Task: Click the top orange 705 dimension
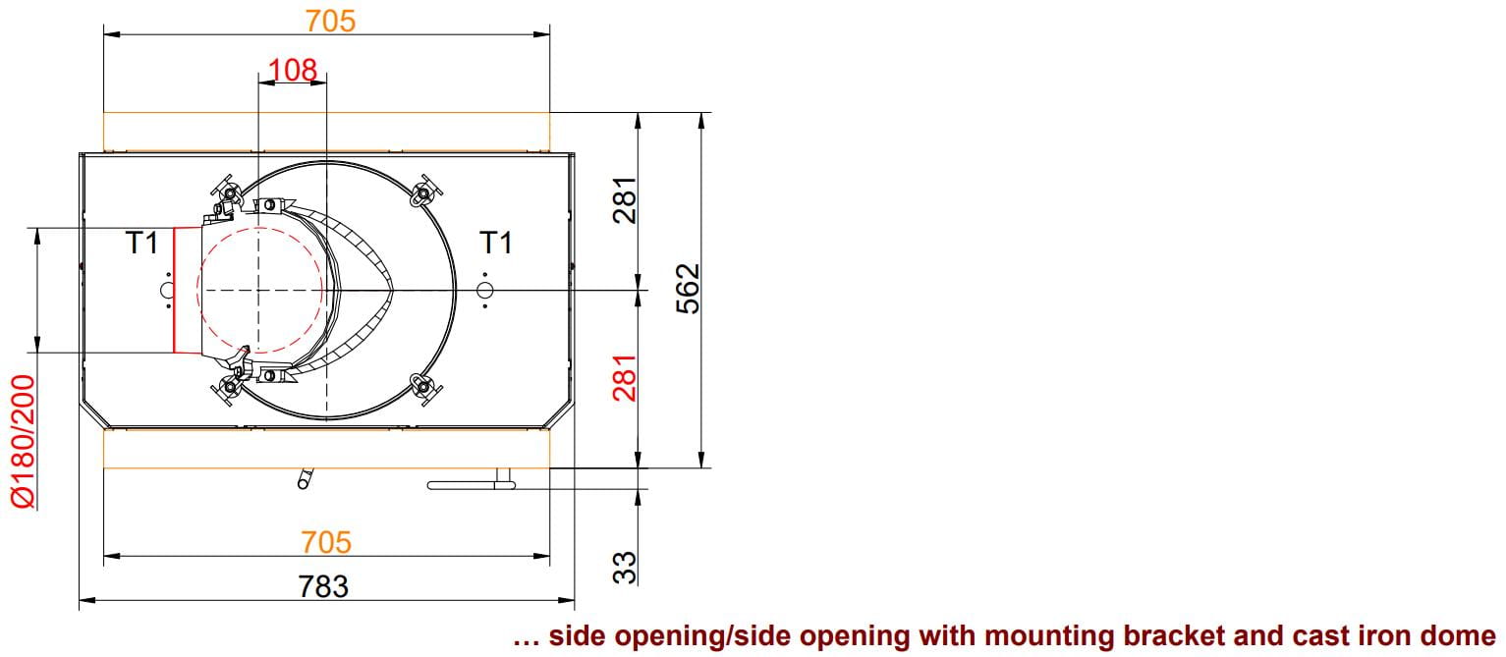(330, 21)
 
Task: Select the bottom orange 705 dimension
(326, 542)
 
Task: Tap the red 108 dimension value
(293, 70)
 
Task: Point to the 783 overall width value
(323, 586)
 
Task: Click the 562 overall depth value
(688, 290)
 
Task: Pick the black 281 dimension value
(625, 200)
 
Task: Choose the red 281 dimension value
(625, 377)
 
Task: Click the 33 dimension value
(625, 568)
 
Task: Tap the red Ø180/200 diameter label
(23, 442)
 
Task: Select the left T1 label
(141, 243)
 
